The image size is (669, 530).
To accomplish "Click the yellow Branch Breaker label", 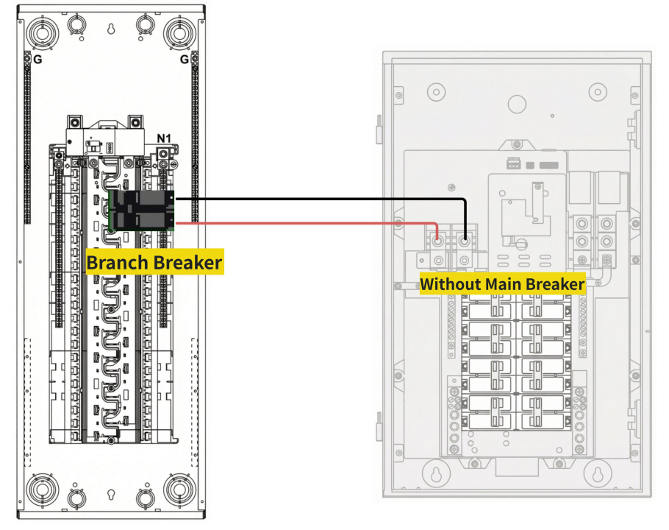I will coord(154,262).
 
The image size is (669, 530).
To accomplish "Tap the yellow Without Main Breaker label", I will coord(502,283).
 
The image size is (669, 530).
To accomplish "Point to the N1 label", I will coord(165,139).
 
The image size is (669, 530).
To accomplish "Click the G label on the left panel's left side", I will coord(37,60).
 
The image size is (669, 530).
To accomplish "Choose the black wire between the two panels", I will coord(309,199).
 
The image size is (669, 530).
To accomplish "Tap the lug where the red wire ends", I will coord(438,240).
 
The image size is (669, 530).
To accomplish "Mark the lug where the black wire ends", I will coord(465,240).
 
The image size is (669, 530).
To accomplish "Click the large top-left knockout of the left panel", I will coord(41,32).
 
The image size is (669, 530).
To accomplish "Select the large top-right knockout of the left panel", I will coord(179,32).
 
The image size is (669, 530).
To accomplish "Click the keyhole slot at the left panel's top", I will coord(110,30).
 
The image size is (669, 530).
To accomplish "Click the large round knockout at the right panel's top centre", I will coord(516,102).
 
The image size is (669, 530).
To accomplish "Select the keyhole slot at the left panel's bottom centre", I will coord(110,492).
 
